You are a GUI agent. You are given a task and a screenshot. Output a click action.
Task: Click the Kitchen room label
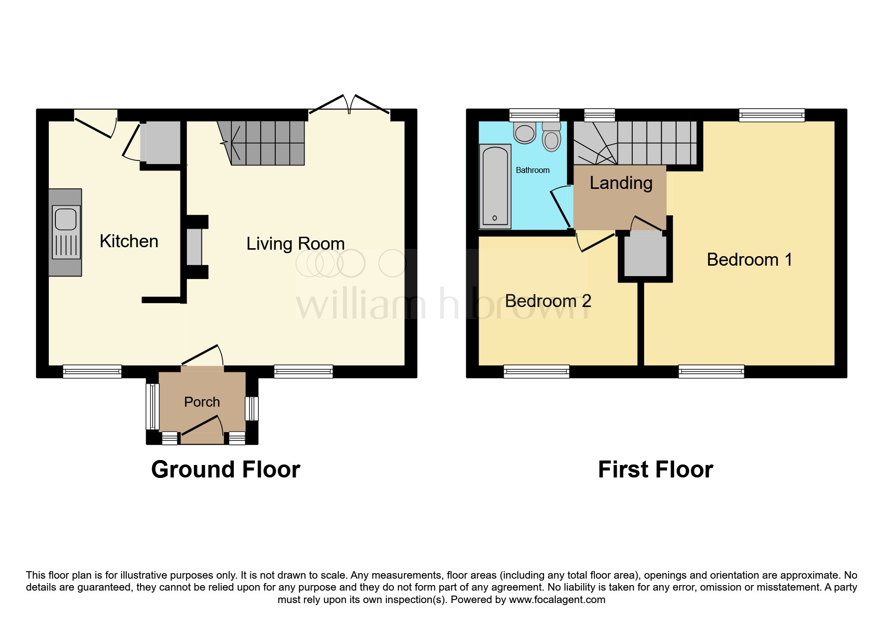pos(129,241)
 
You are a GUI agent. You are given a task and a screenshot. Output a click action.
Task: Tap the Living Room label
pos(295,244)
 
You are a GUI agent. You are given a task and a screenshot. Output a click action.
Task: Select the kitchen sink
pos(66,232)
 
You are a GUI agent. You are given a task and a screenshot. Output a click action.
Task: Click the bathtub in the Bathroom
pos(495,186)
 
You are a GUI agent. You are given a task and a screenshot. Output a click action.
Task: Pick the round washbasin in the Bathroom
pos(525,132)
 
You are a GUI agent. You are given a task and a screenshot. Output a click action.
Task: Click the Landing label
pos(621,183)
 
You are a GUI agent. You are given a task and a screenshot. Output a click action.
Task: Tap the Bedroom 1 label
pos(749,260)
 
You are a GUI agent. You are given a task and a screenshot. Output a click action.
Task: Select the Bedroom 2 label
pos(547,301)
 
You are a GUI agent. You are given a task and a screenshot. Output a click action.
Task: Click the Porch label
pos(202,402)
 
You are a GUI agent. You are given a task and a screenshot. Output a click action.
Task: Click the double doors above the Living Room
pos(350,105)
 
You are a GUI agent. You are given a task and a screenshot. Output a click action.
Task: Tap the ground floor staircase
pos(264,143)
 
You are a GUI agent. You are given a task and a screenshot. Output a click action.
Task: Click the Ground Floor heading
pos(225,469)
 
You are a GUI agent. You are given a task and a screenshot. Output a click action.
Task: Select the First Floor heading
pos(655,469)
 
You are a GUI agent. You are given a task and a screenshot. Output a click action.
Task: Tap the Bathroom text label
pos(532,170)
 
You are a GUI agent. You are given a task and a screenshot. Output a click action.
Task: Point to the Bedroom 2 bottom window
pos(536,371)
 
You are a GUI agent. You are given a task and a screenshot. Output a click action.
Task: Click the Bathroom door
pos(560,209)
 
